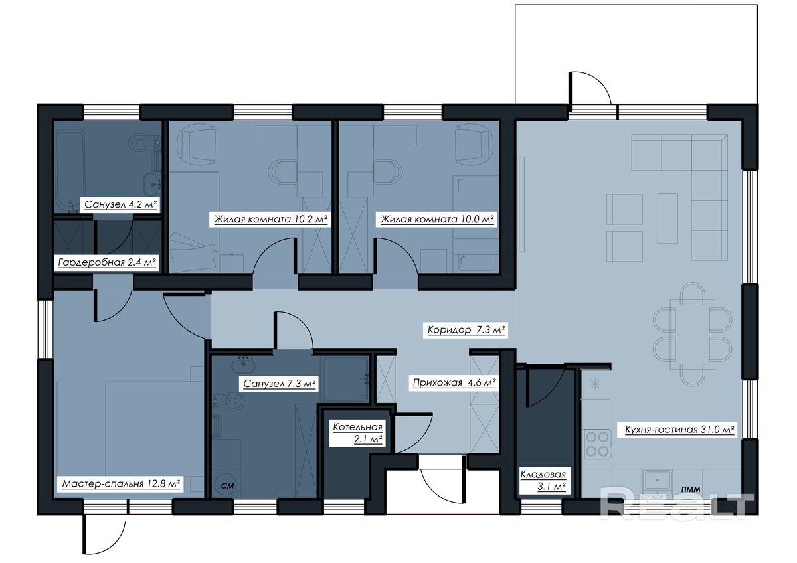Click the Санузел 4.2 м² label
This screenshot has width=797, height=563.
click(x=121, y=204)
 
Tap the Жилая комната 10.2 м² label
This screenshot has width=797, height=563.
click(x=270, y=219)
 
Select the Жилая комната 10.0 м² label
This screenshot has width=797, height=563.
click(x=437, y=219)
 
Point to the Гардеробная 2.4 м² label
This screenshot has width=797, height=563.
click(x=107, y=262)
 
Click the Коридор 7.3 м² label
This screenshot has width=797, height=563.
click(x=466, y=330)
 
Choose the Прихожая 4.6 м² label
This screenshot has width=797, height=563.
click(x=454, y=383)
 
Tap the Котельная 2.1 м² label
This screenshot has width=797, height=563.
click(x=357, y=433)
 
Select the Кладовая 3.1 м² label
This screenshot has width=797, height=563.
click(x=543, y=481)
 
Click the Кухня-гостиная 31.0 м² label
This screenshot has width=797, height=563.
click(x=679, y=430)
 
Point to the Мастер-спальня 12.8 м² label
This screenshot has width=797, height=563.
click(x=121, y=484)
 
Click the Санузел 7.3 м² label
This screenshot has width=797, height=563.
click(x=280, y=384)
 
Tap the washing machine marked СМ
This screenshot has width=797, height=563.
click(x=226, y=485)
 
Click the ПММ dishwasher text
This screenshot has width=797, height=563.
click(x=691, y=490)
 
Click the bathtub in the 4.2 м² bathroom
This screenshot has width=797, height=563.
click(x=70, y=171)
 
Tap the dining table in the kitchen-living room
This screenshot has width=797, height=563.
click(x=692, y=335)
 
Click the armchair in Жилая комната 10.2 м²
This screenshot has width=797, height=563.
click(x=197, y=144)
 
